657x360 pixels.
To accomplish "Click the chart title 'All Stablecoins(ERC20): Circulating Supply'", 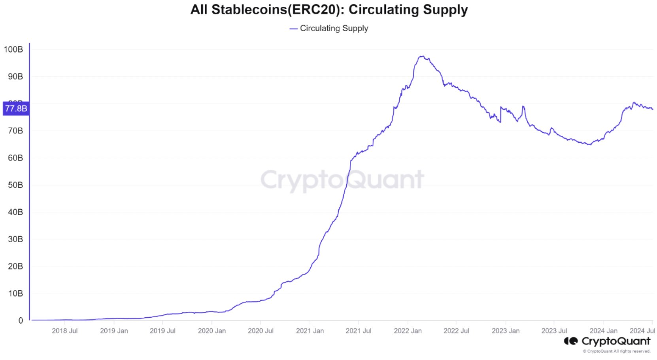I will [328, 9].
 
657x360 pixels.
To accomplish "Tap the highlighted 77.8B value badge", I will [16, 108].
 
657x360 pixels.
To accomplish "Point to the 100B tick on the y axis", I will [13, 49].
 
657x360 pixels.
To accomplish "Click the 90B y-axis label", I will [15, 76].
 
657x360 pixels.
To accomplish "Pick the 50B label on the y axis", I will [15, 185].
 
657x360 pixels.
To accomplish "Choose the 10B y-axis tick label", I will [15, 293].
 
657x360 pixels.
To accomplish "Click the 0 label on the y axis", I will [21, 320].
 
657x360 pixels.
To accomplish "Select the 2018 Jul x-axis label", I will [64, 331].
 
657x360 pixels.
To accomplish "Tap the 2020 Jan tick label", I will [211, 331].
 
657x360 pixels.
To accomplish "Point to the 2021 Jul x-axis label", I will [358, 331].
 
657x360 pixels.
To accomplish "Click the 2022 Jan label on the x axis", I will [408, 331].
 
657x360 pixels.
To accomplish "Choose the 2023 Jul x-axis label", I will [554, 331].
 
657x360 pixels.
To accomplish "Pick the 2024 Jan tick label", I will [603, 331].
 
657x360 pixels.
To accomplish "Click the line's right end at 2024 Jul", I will [652, 109].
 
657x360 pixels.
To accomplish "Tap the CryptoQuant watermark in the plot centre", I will [342, 180].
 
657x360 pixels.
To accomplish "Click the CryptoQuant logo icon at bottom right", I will [570, 341].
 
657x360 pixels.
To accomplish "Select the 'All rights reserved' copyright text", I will [616, 351].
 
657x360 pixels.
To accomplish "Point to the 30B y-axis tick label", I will [15, 239].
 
